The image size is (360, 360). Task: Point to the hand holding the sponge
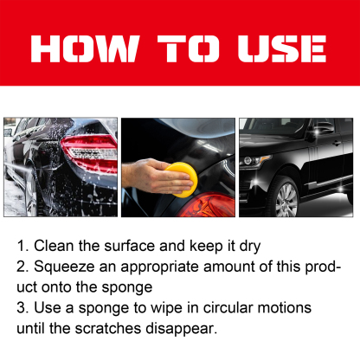(154, 180)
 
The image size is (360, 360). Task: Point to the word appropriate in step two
(169, 267)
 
